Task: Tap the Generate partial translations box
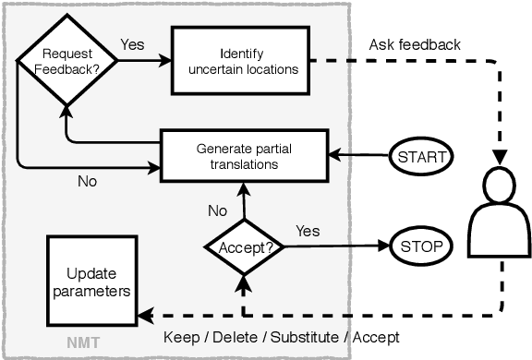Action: [244, 156]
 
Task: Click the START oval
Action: [421, 156]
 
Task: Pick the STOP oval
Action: [421, 246]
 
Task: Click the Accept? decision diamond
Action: [243, 246]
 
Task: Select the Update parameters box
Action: [91, 282]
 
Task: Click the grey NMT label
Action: [82, 344]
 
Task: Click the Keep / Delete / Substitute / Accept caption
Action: [281, 337]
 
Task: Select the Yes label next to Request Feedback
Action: [131, 43]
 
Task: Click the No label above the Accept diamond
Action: [217, 210]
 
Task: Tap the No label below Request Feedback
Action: [88, 182]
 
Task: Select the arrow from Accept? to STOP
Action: [332, 246]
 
